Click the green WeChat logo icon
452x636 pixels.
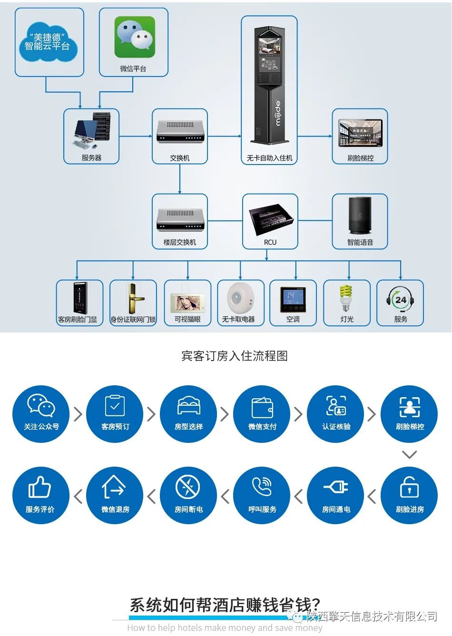click(x=135, y=37)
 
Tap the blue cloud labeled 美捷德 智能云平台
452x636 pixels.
click(x=47, y=41)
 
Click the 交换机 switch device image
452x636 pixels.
click(x=180, y=131)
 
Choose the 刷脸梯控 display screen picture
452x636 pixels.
click(x=360, y=132)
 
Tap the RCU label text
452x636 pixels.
click(x=270, y=242)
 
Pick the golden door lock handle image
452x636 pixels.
click(x=133, y=298)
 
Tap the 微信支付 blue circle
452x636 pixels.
click(x=262, y=413)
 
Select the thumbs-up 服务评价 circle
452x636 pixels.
click(x=40, y=496)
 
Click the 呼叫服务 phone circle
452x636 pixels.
click(x=262, y=496)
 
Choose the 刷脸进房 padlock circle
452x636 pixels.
click(x=409, y=496)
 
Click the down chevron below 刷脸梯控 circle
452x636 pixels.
click(x=409, y=454)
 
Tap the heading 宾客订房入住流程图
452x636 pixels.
click(x=234, y=356)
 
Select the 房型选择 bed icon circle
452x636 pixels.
click(x=189, y=413)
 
